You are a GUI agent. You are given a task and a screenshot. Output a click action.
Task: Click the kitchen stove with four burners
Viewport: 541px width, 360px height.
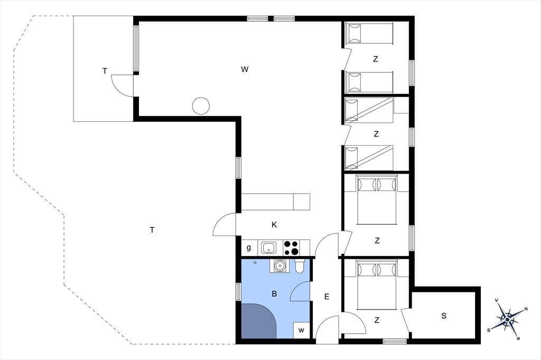291,248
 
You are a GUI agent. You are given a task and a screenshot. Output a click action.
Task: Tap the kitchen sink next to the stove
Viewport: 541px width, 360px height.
268,248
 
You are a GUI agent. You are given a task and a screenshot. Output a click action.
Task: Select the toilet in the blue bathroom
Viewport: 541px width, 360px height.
300,266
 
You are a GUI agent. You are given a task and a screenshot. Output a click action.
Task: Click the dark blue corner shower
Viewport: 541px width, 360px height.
258,321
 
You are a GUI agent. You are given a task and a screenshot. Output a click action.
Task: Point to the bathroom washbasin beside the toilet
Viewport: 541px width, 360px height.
279,266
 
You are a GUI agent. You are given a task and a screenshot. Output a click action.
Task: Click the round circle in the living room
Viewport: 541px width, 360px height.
201,106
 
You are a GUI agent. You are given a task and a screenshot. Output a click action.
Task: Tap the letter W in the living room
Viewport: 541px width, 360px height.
245,69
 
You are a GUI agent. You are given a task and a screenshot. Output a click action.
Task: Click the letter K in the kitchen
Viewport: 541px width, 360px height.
274,225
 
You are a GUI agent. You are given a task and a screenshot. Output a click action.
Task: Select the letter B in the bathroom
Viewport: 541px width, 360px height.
274,294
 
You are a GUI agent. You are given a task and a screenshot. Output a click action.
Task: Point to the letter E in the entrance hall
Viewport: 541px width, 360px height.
327,297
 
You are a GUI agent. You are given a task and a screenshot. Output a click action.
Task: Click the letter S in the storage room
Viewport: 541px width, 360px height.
444,316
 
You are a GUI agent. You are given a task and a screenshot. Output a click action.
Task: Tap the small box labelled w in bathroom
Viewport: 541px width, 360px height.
301,330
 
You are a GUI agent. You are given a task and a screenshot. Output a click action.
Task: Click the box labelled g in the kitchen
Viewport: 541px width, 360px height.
249,248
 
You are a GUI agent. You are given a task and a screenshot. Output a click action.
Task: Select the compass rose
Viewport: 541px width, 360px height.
507,320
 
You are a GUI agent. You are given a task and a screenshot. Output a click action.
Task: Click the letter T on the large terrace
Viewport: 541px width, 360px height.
152,230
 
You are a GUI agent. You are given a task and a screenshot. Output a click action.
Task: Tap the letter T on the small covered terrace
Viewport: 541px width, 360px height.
105,71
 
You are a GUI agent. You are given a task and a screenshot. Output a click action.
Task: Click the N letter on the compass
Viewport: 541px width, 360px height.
526,309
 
